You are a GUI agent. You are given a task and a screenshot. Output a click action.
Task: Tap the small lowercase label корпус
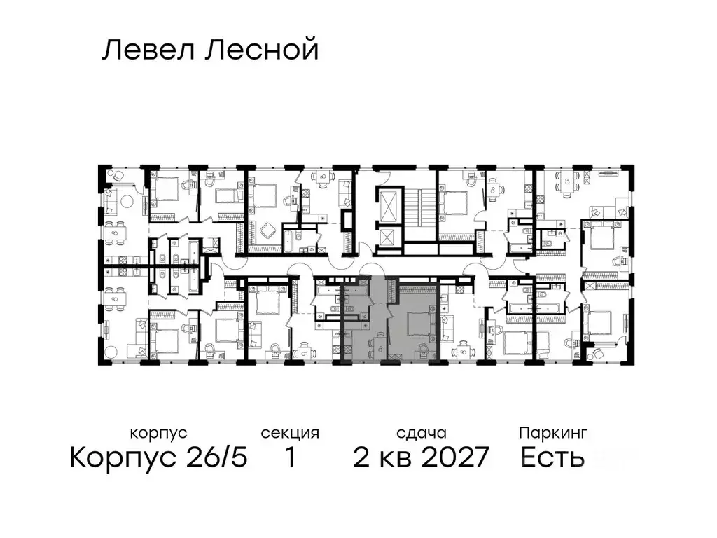(158, 434)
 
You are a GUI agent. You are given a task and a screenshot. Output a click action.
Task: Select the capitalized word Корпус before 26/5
(124, 458)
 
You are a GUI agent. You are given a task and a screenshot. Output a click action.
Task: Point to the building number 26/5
(215, 458)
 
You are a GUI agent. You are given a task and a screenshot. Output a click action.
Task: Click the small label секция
(290, 434)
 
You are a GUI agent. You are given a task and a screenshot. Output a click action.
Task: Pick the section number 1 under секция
(290, 458)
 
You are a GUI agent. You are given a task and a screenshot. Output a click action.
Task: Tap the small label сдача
(420, 434)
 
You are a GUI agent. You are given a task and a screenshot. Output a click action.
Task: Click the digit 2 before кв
(362, 458)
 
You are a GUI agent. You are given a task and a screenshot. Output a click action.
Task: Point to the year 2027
(454, 458)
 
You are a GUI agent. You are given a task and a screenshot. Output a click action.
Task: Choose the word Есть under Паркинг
(553, 458)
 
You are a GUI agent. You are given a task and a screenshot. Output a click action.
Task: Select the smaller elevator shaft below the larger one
(387, 238)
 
